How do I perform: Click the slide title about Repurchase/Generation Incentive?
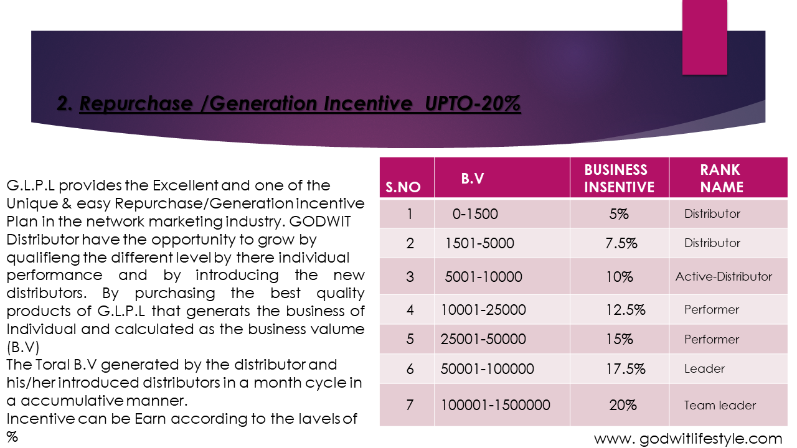pyautogui.click(x=289, y=105)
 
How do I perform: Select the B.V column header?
pyautogui.click(x=473, y=179)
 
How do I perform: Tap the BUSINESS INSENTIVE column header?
pyautogui.click(x=619, y=179)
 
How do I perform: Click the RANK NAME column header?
pyautogui.click(x=721, y=179)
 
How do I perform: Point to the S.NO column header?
pyautogui.click(x=403, y=187)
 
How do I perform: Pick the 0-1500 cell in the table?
pyautogui.click(x=475, y=214)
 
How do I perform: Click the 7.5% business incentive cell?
pyautogui.click(x=621, y=243)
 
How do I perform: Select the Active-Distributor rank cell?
pyautogui.click(x=724, y=276)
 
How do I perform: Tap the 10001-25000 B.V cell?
pyautogui.click(x=483, y=310)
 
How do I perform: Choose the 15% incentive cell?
pyautogui.click(x=619, y=339)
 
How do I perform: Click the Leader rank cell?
pyautogui.click(x=704, y=369)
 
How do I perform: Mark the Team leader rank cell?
pyautogui.click(x=720, y=405)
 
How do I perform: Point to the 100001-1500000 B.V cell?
pyautogui.click(x=496, y=405)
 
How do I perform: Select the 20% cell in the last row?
pyautogui.click(x=622, y=405)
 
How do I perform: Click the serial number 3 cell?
pyautogui.click(x=410, y=276)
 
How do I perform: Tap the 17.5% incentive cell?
pyautogui.click(x=625, y=369)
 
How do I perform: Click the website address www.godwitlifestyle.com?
pyautogui.click(x=688, y=438)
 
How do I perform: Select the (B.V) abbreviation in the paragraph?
pyautogui.click(x=22, y=347)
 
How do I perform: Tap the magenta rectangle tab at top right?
pyautogui.click(x=705, y=37)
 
